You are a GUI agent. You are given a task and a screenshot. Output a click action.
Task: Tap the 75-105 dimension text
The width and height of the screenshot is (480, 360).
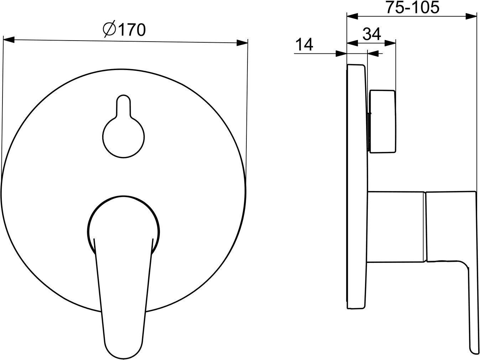click(x=412, y=7)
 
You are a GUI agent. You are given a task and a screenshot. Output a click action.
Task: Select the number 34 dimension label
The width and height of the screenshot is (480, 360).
click(x=372, y=34)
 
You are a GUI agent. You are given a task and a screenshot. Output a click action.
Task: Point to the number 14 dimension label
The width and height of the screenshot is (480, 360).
click(x=304, y=44)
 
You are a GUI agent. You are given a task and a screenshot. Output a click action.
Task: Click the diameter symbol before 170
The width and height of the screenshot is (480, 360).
click(x=109, y=29)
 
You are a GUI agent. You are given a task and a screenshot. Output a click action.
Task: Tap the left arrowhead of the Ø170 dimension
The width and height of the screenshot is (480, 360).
click(x=9, y=40)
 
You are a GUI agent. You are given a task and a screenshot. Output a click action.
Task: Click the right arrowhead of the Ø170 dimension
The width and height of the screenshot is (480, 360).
click(x=242, y=43)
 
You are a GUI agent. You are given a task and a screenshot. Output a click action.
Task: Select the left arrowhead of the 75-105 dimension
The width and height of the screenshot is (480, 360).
click(x=352, y=16)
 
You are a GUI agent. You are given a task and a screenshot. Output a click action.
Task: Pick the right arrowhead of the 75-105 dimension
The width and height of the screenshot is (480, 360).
click(x=471, y=16)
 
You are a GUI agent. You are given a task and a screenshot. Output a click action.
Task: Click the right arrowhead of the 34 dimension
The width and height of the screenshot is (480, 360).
click(x=390, y=43)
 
